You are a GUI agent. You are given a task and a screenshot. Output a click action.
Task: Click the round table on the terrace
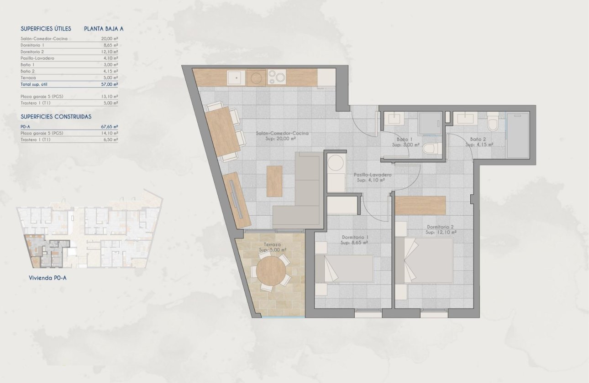point(271,271)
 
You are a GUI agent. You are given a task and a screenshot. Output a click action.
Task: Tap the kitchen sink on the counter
point(236,78)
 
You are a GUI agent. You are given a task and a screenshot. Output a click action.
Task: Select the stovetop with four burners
point(277,77)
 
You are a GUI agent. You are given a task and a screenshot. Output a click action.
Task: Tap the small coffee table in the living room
point(274,181)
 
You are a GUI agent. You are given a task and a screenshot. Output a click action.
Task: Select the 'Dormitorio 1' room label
point(355,237)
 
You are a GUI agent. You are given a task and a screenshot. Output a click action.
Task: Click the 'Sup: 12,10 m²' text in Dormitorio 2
point(441,233)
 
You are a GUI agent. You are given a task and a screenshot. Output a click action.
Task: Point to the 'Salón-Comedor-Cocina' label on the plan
point(282,133)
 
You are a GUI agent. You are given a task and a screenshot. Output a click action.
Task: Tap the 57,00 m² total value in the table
point(110,84)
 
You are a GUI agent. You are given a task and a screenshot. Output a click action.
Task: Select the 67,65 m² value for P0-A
point(110,126)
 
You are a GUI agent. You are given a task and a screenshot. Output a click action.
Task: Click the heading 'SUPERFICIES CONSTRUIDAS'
point(56,117)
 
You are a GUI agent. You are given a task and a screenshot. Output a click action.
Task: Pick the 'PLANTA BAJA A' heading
point(104,29)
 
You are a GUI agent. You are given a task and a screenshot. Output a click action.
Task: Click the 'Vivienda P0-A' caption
point(48,277)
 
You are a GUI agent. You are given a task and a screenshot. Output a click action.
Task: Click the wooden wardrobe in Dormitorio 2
point(420,205)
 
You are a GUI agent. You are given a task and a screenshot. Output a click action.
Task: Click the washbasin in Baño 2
point(465,119)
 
